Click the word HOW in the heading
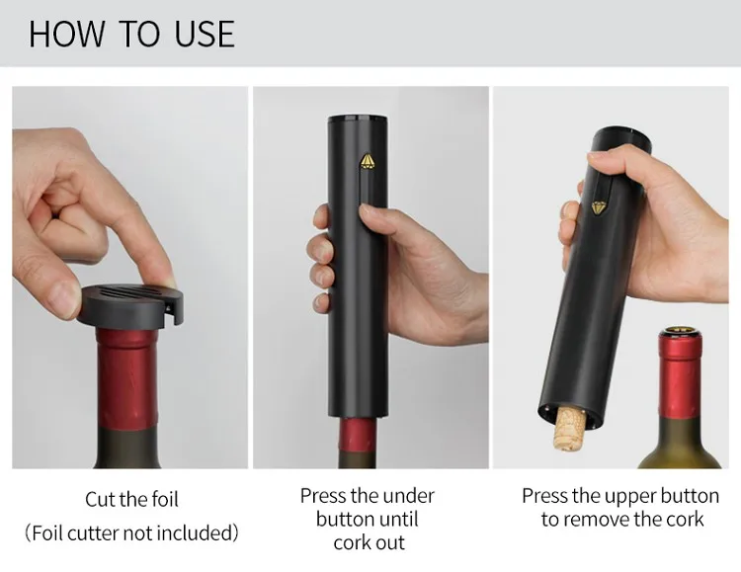tap(65, 34)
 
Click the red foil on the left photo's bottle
tap(126, 376)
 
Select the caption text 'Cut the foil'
tap(131, 500)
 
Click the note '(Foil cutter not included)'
tap(131, 533)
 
